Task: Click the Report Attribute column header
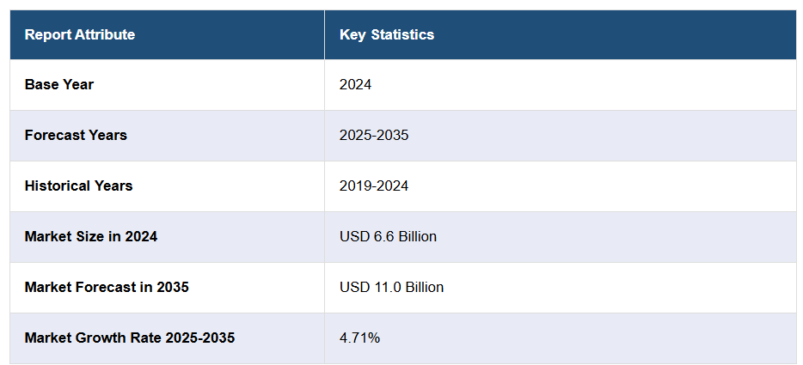(80, 34)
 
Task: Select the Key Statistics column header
(387, 34)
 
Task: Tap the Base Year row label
(59, 84)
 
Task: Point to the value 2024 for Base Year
(355, 84)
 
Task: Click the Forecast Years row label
(76, 135)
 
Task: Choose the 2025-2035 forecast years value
(374, 135)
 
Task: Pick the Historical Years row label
(78, 186)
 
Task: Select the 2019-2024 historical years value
(374, 186)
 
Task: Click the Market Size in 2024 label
(91, 236)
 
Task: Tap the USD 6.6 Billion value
(388, 236)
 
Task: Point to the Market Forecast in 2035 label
(107, 287)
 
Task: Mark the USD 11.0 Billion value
(391, 287)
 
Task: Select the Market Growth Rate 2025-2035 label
(130, 338)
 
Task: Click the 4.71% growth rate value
(359, 338)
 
